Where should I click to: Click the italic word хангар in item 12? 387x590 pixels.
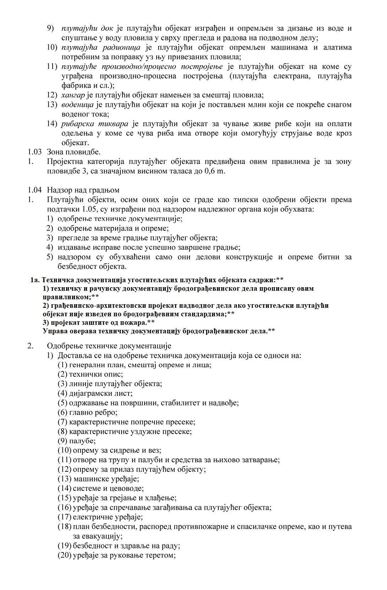[73, 95]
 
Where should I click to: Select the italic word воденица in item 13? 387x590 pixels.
[77, 105]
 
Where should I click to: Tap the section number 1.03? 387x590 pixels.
[35, 152]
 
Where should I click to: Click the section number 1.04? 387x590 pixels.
[35, 190]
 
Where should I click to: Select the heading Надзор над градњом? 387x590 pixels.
[83, 190]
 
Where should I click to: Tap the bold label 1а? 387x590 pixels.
[35, 280]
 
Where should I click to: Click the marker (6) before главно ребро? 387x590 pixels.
[62, 413]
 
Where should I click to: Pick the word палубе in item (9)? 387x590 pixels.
[82, 441]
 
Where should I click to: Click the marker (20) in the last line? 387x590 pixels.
[65, 555]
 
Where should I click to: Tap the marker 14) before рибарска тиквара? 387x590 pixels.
[52, 124]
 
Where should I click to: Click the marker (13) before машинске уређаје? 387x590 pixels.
[65, 479]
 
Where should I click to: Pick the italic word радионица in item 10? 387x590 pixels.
[121, 48]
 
